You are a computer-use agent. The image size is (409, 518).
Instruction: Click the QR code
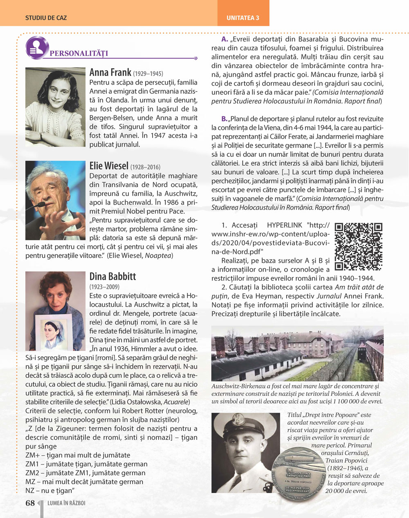[358, 246]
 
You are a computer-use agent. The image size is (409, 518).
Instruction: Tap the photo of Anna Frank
[55, 107]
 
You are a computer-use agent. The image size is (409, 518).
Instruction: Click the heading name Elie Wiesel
[109, 166]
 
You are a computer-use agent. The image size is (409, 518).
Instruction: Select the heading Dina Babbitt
[112, 277]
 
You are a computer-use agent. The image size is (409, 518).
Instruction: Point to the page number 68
[30, 503]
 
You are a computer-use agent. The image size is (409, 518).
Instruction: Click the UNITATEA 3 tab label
[243, 18]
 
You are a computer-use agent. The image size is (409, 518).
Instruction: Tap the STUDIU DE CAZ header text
[46, 18]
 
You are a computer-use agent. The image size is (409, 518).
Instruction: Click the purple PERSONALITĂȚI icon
[37, 47]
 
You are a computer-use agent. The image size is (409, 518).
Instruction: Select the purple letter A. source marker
[225, 39]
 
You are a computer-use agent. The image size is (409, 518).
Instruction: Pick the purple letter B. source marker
[225, 119]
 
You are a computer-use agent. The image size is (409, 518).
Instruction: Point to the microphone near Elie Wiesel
[41, 204]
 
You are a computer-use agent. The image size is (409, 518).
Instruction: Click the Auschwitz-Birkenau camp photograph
[297, 353]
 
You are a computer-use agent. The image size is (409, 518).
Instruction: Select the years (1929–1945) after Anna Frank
[148, 74]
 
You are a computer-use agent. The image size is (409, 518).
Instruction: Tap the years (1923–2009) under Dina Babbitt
[104, 287]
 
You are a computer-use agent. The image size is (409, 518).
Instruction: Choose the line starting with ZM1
[86, 464]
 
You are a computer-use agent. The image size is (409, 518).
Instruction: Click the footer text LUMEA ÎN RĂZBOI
[66, 503]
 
